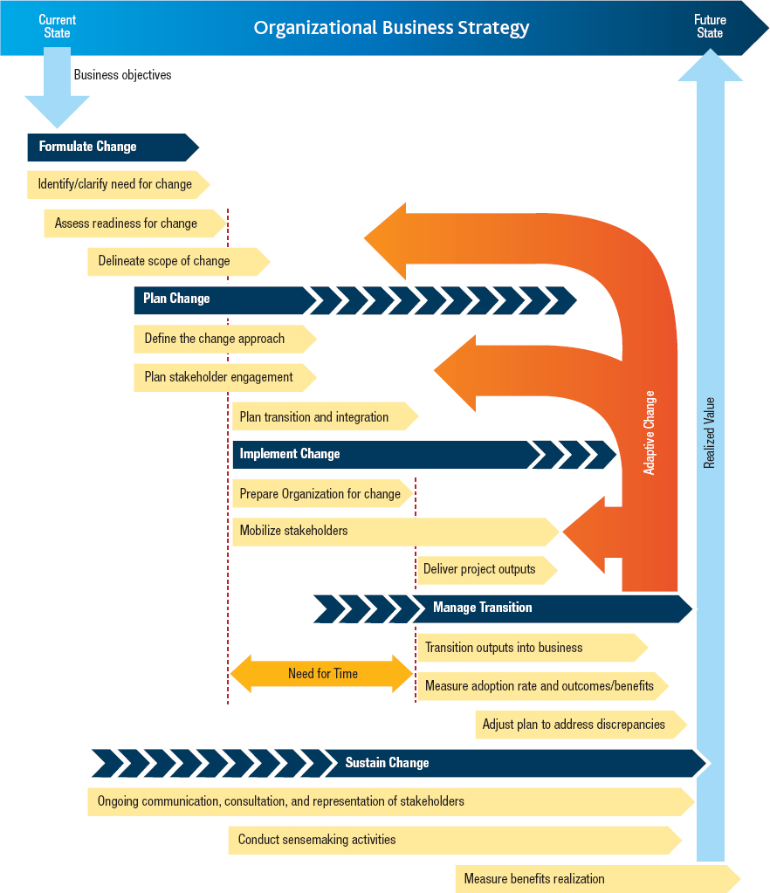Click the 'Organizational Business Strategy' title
(x=391, y=27)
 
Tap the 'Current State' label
(x=58, y=26)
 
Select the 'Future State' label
(x=710, y=26)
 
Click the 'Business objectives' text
(x=122, y=75)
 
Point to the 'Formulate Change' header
(x=88, y=147)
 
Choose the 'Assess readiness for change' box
(x=127, y=223)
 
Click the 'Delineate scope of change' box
(x=164, y=261)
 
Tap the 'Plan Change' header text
(x=176, y=299)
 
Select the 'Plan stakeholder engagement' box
(x=219, y=377)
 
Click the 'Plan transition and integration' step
(x=314, y=417)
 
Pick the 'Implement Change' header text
(x=290, y=454)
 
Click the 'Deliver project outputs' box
(x=479, y=569)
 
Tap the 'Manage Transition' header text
(x=482, y=608)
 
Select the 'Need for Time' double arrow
(x=322, y=674)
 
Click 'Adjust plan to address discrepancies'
(x=574, y=725)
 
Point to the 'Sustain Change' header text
(x=387, y=763)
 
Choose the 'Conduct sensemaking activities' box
(x=317, y=840)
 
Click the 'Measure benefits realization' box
(x=534, y=879)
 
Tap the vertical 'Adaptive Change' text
(x=650, y=432)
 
